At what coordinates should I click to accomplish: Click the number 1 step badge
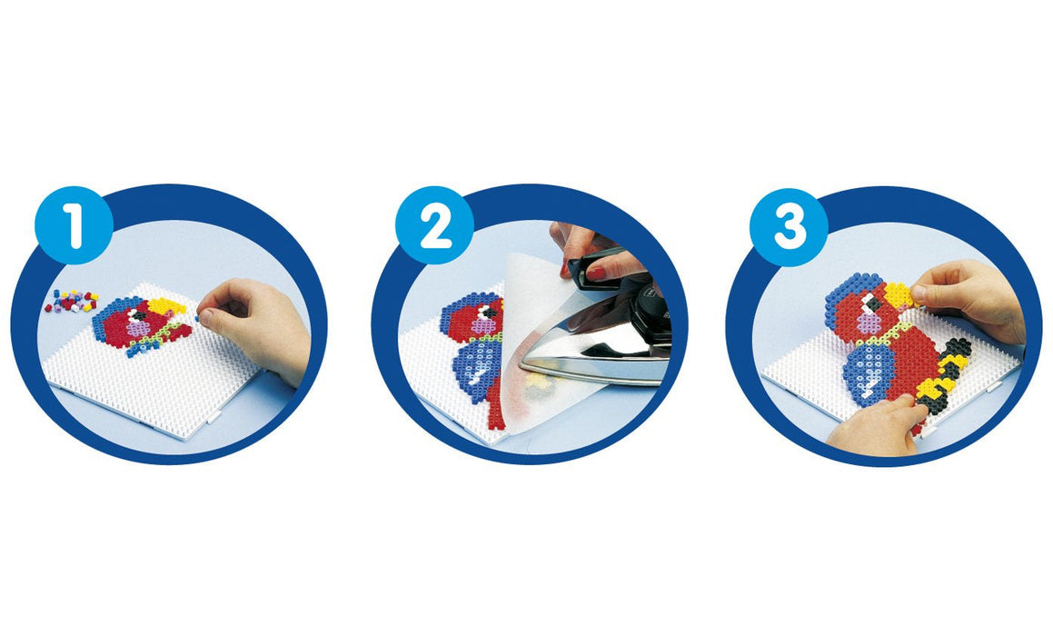tap(74, 225)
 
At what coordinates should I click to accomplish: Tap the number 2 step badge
tap(434, 225)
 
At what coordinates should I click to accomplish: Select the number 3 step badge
tap(789, 227)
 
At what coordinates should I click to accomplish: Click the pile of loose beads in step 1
tap(71, 301)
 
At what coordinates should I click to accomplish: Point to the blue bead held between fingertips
tap(197, 318)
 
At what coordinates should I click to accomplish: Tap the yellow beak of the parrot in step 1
tap(167, 307)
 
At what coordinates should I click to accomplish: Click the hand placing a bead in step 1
tap(256, 329)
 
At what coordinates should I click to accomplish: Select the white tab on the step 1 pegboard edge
tap(213, 417)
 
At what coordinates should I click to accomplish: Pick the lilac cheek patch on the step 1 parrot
tap(139, 328)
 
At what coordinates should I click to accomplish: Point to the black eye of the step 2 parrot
tap(489, 312)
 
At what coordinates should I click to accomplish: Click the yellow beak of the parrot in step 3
tap(898, 294)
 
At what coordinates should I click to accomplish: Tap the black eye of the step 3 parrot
tap(872, 304)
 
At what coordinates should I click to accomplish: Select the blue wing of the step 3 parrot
tap(869, 373)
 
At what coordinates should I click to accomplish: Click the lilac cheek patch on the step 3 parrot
tap(869, 323)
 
